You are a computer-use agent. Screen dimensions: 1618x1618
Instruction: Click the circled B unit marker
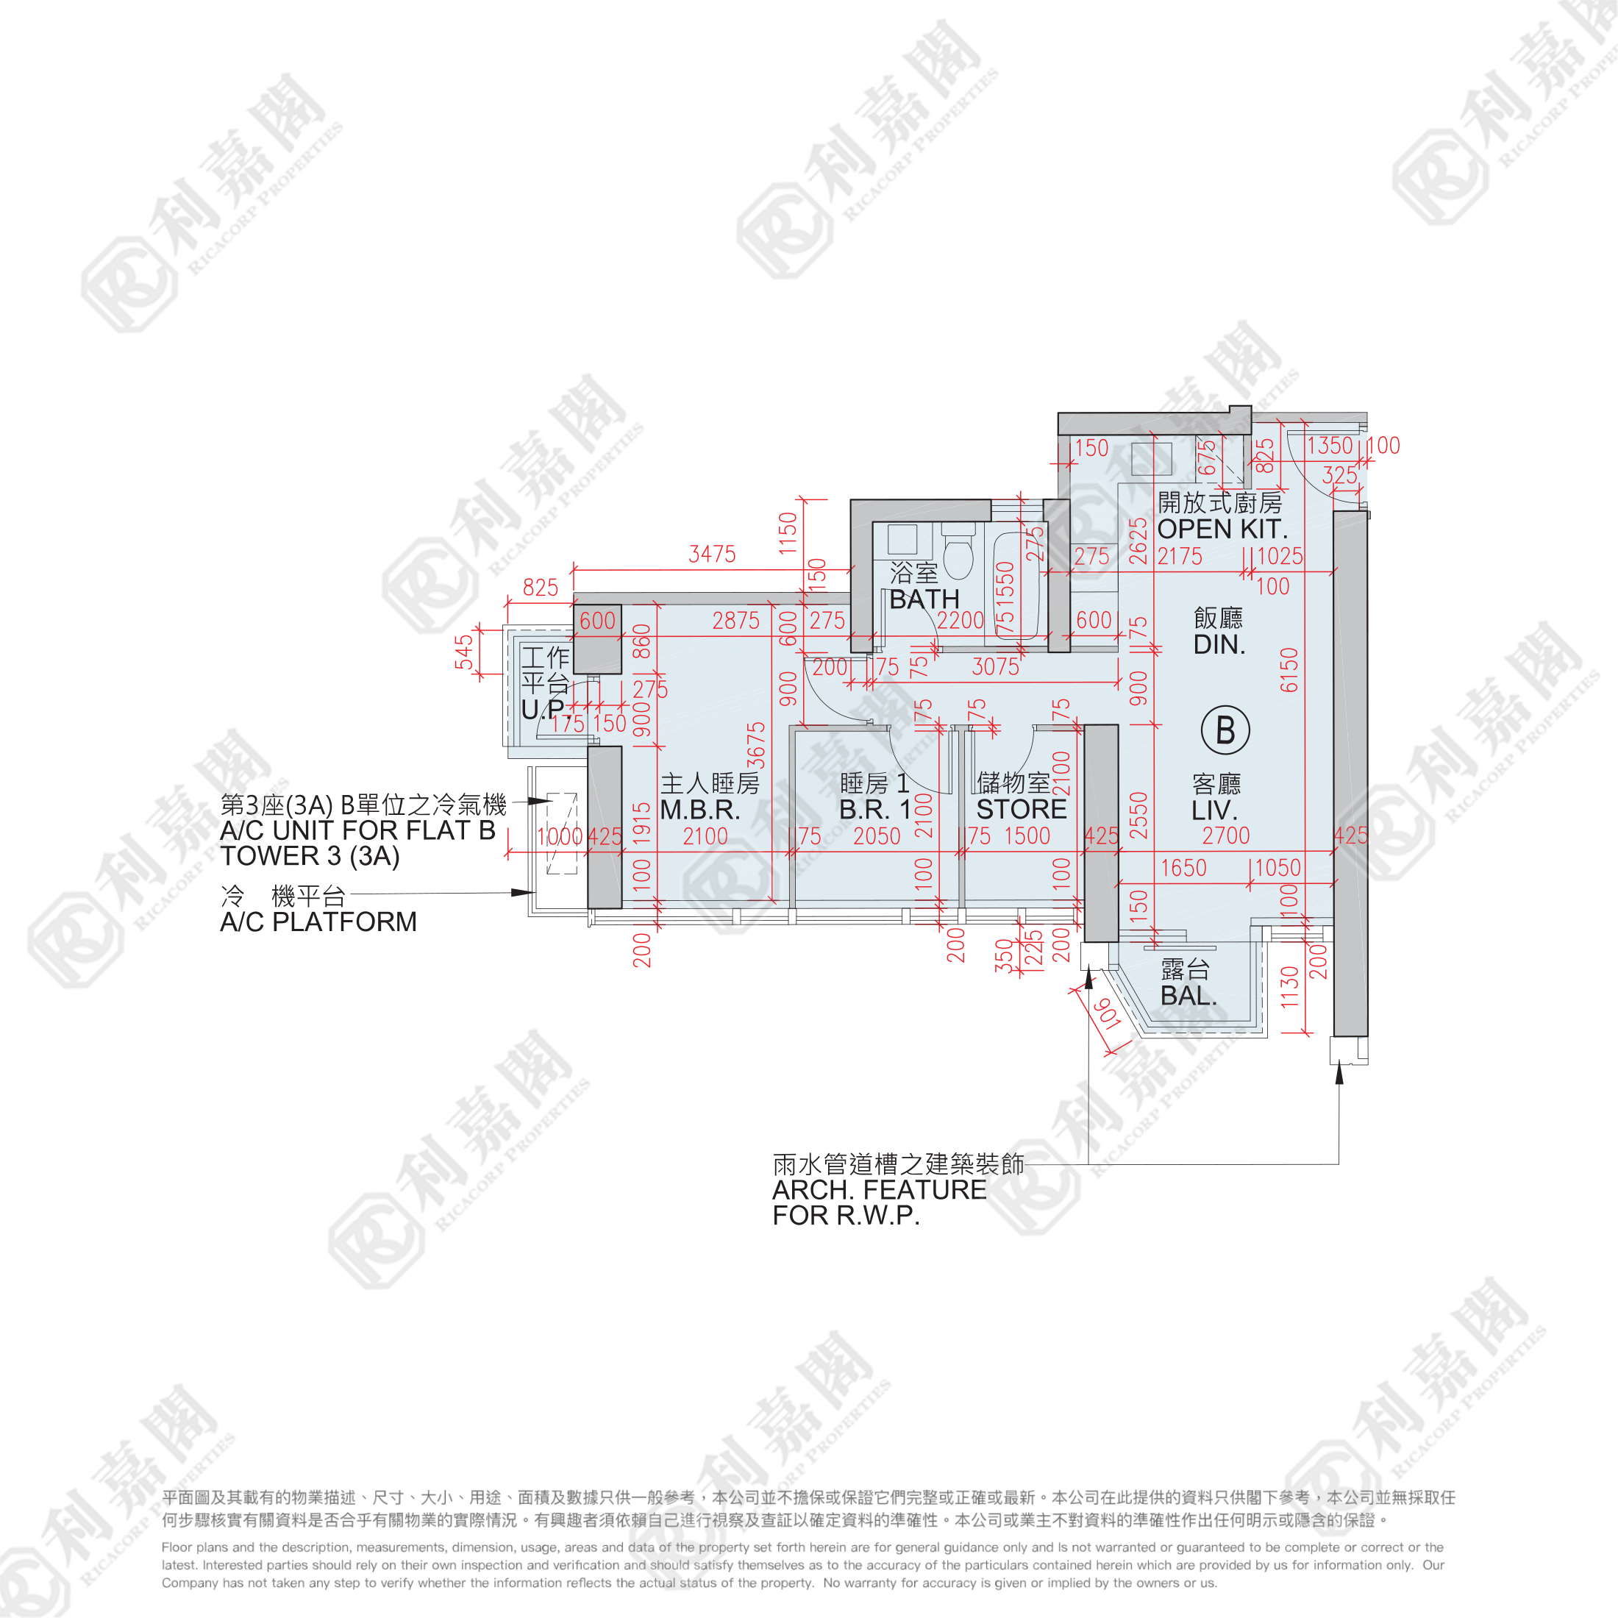(1225, 730)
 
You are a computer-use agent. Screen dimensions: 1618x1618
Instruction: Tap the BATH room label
(924, 599)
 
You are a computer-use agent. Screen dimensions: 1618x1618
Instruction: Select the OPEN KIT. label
(1222, 530)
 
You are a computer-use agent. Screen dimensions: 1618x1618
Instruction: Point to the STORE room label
(1021, 810)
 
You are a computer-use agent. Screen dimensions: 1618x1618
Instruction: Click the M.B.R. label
(700, 810)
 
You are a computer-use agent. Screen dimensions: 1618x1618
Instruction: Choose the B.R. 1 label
(874, 810)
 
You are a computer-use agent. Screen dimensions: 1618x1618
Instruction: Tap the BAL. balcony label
(1188, 996)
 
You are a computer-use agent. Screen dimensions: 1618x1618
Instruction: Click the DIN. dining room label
(1219, 645)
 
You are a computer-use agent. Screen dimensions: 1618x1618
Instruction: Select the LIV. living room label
(1214, 810)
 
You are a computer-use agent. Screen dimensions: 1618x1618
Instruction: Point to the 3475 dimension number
(712, 554)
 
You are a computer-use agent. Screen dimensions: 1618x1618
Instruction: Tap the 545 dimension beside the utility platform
(464, 652)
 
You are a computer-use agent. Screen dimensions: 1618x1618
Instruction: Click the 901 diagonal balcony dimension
(1107, 1014)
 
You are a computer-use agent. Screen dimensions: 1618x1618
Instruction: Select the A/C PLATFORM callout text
(318, 922)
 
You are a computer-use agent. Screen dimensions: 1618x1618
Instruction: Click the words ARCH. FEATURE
(880, 1190)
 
